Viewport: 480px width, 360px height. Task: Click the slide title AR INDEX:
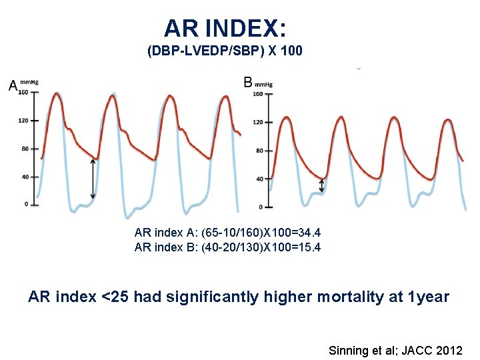(x=225, y=28)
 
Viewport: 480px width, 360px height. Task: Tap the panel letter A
(x=13, y=85)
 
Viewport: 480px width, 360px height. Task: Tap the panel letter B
(x=248, y=83)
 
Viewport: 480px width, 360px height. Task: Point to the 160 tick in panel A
(x=23, y=93)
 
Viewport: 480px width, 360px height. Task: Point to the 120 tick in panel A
(x=23, y=121)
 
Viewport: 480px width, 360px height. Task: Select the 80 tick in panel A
(x=25, y=149)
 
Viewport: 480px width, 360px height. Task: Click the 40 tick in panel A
(x=25, y=177)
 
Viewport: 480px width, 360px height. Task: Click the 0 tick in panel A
(x=27, y=205)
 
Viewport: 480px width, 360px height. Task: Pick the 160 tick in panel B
(x=259, y=94)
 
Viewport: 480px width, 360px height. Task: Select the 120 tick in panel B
(x=259, y=122)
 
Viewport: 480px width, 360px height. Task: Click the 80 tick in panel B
(x=260, y=151)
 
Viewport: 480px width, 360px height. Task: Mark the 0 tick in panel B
(x=261, y=206)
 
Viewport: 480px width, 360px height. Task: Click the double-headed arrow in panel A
(x=93, y=178)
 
